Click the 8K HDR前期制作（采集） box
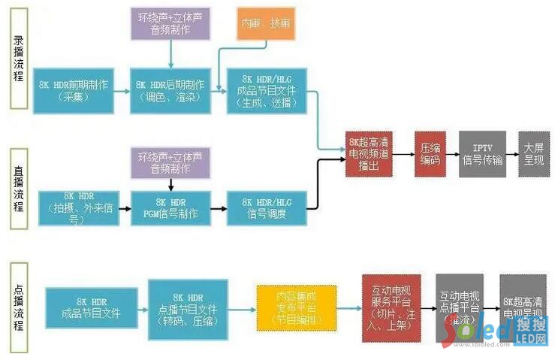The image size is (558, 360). pyautogui.click(x=73, y=91)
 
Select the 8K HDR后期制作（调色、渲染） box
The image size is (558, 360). pyautogui.click(x=170, y=91)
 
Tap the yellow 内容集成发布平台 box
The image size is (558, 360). pyautogui.click(x=294, y=308)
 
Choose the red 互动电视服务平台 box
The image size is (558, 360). pyautogui.click(x=388, y=308)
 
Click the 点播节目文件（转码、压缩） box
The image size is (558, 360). pyautogui.click(x=188, y=308)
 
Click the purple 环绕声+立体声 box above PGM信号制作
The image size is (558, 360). pyautogui.click(x=171, y=162)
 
